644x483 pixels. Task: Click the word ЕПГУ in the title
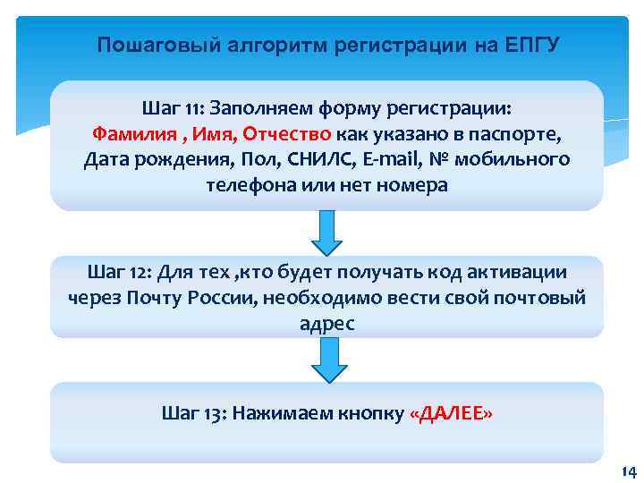point(530,45)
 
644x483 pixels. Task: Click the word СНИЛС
point(344,161)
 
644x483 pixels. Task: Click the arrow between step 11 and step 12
point(327,233)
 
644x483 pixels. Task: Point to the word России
point(224,298)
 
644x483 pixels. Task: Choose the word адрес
point(327,324)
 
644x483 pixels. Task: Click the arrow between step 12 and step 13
point(327,360)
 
